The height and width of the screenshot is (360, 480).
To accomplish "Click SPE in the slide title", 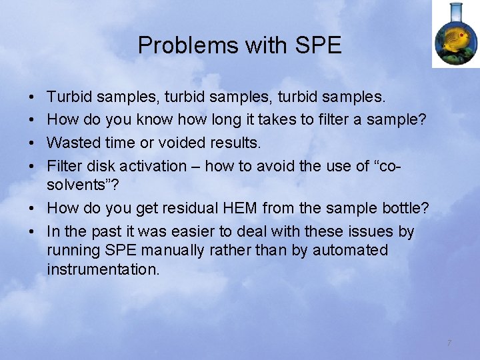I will coord(318,45).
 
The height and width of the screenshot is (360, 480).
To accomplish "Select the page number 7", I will coord(449,343).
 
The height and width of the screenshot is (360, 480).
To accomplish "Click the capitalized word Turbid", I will coord(69,97).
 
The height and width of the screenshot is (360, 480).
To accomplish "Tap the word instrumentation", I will coord(103,269).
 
